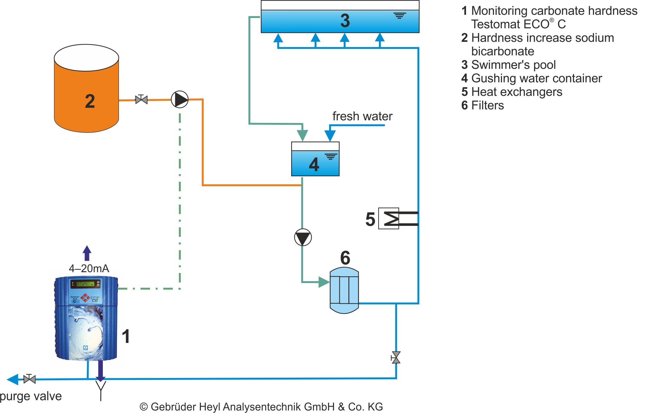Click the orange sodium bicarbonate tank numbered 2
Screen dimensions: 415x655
click(86, 93)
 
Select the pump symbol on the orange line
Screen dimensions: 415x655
click(180, 99)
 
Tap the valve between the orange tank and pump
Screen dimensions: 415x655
click(141, 99)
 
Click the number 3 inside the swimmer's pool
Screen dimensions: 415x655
click(345, 21)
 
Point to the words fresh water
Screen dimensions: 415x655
click(362, 116)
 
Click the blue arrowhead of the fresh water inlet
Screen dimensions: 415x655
click(330, 135)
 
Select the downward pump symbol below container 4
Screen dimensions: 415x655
click(303, 237)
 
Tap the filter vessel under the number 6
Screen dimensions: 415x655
click(344, 290)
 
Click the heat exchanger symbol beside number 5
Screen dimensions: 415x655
click(389, 218)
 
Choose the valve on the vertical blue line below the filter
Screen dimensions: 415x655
click(396, 357)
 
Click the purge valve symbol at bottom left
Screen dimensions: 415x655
click(30, 379)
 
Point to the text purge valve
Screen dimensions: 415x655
click(31, 396)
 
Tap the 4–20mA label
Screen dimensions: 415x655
click(89, 268)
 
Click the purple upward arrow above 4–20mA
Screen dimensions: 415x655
click(87, 253)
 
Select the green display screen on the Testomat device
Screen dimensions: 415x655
click(85, 284)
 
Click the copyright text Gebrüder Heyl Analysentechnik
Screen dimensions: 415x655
click(261, 407)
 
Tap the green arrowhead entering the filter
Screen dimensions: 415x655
click(324, 282)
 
